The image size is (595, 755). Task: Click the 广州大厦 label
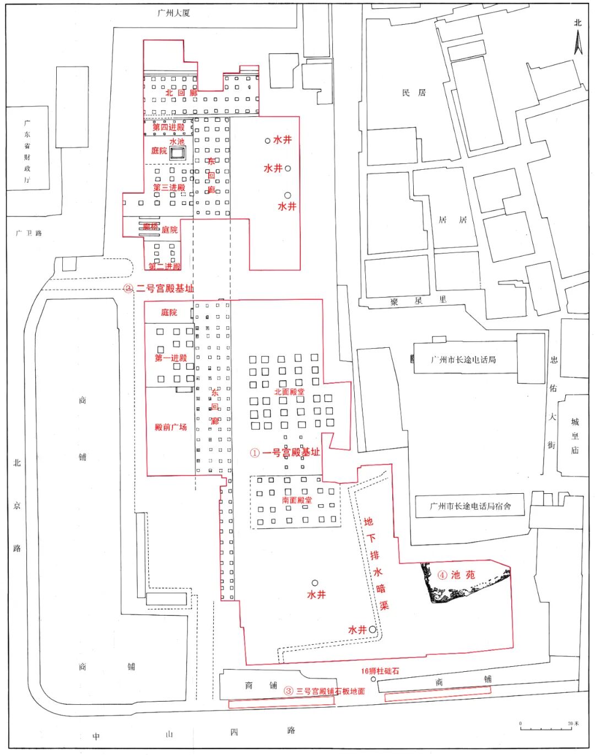click(x=174, y=13)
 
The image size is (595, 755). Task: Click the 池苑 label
click(x=462, y=575)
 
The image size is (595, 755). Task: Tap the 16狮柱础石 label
click(x=380, y=671)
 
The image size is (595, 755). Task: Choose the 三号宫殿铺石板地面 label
click(x=330, y=691)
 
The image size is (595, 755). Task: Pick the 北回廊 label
click(x=181, y=93)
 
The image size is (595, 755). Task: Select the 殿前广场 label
click(x=171, y=427)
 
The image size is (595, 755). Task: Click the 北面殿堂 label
click(x=289, y=392)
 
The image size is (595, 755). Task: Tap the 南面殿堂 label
click(x=297, y=500)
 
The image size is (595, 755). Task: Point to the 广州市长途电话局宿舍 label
click(x=470, y=506)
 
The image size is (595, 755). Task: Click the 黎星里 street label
click(x=418, y=301)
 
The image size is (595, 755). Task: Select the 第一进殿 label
click(x=171, y=358)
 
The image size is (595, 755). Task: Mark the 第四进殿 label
click(x=169, y=127)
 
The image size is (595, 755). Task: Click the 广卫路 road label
click(x=29, y=233)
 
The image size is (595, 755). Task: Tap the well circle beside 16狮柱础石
click(x=373, y=680)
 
